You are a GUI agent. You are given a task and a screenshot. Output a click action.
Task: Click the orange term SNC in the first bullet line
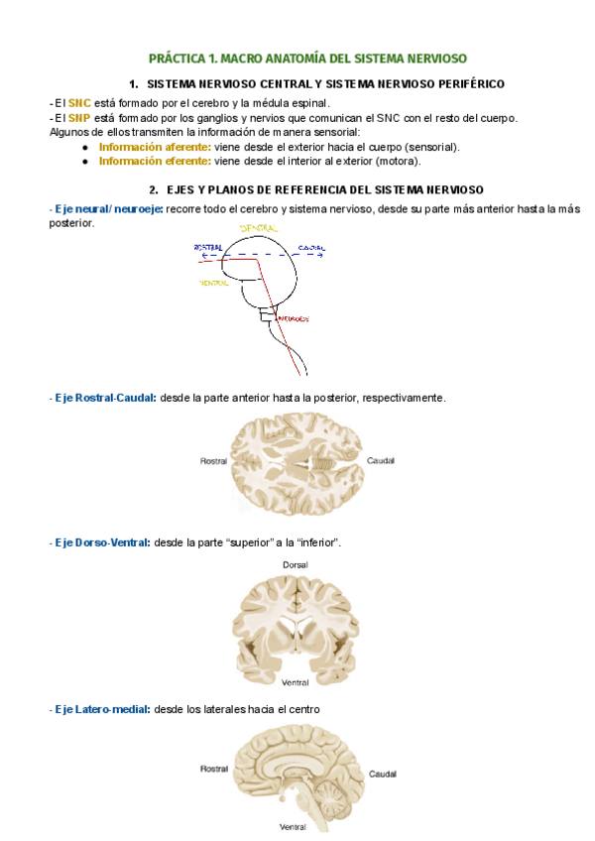[x=78, y=103]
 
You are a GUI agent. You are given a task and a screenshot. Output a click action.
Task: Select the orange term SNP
[x=78, y=118]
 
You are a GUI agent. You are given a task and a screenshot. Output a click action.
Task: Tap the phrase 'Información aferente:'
[x=154, y=147]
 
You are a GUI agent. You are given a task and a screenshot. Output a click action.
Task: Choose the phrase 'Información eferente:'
[x=154, y=161]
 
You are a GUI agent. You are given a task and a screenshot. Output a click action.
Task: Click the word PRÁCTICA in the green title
[x=178, y=59]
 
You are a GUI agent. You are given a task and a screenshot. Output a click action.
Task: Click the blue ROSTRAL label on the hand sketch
[x=209, y=246]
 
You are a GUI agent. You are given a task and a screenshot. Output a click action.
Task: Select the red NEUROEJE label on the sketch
[x=294, y=319]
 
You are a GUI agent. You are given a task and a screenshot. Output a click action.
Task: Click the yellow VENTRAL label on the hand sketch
[x=214, y=283]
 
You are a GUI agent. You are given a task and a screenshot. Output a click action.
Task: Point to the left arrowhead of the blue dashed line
[x=202, y=255]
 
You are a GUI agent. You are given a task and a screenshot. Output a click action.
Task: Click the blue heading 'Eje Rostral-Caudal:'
[x=104, y=398]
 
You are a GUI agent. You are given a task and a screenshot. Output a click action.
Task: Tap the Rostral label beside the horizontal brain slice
[x=214, y=461]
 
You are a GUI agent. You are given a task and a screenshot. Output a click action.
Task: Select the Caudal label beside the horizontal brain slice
[x=381, y=461]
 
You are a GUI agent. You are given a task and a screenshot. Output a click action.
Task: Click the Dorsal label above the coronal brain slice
[x=296, y=564]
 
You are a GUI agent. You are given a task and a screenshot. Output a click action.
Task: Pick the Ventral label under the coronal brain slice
[x=296, y=682]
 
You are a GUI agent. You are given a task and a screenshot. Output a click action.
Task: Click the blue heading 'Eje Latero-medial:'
[x=101, y=709]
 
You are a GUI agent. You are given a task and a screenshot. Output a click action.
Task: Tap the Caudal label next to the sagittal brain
[x=383, y=773]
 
